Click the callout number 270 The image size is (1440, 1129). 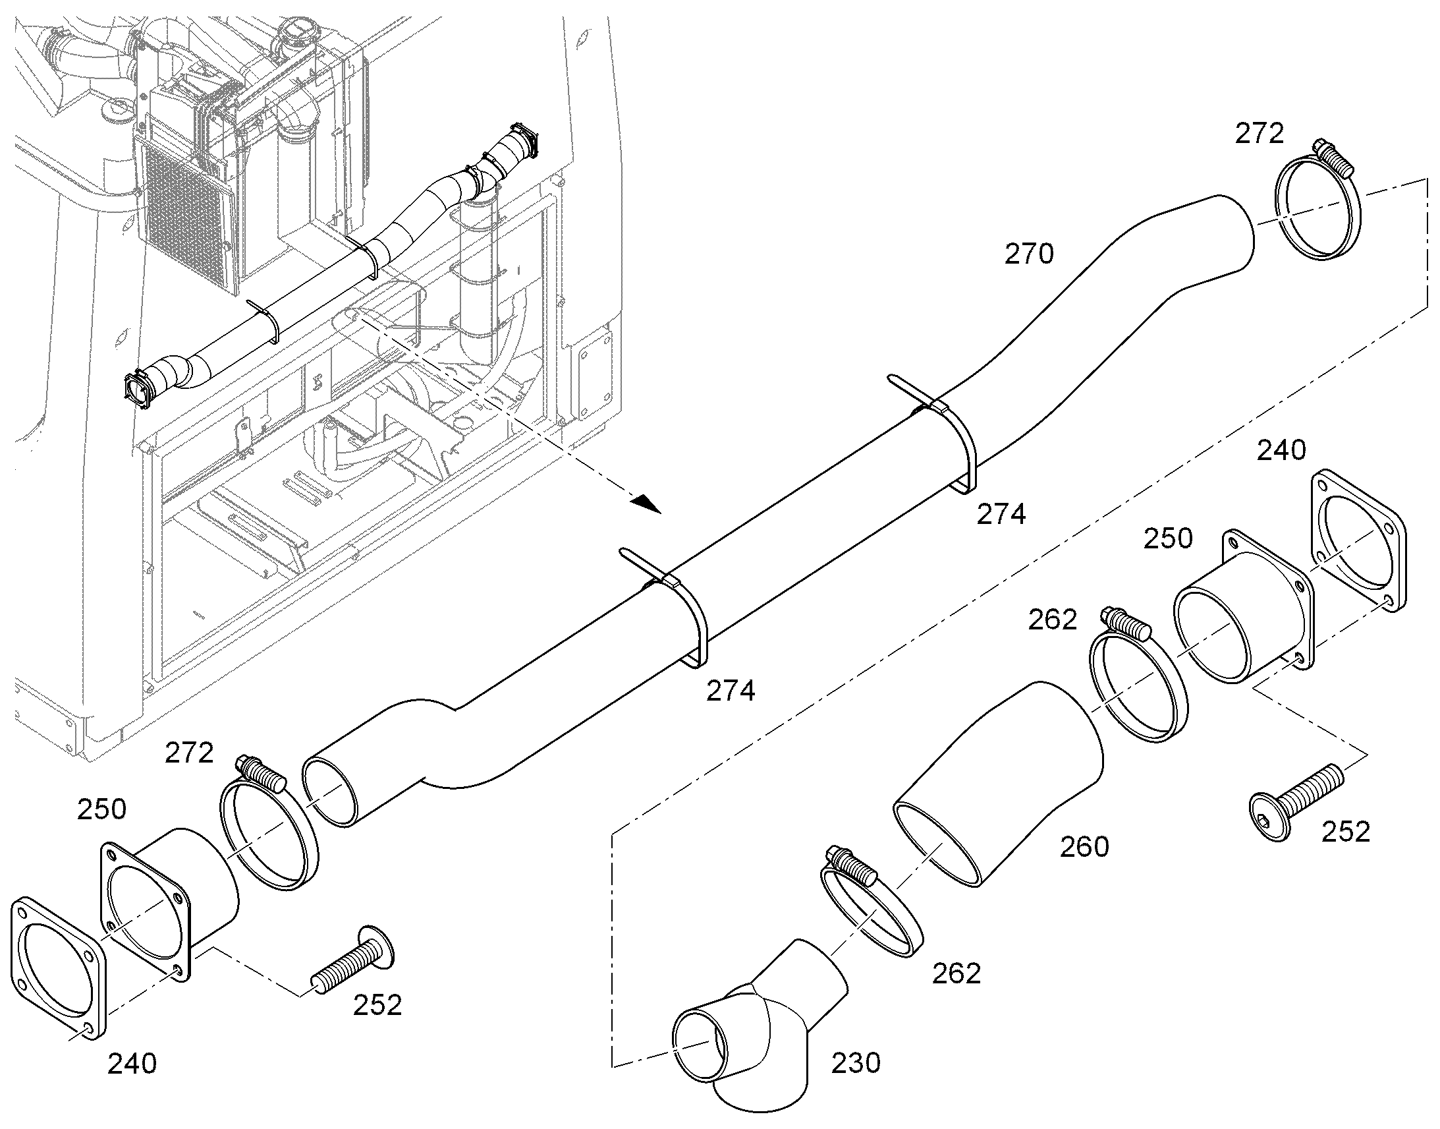coord(1029,254)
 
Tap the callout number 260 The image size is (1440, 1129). coord(1084,847)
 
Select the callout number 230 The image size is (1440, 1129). coord(856,1063)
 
